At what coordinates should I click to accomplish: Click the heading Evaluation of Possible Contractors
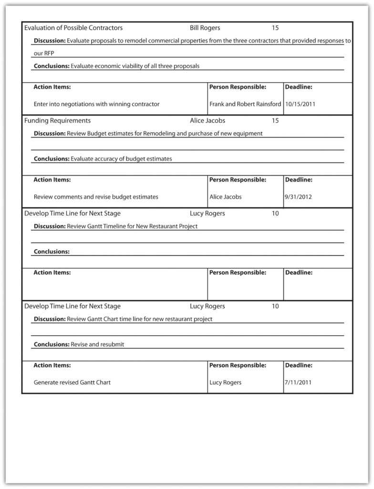[x=73, y=28]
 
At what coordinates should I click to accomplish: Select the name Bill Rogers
[x=205, y=28]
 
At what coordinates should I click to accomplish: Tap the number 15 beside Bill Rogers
[x=275, y=28]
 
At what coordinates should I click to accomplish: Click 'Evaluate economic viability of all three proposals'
[x=135, y=66]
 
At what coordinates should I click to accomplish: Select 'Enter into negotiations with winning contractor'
[x=96, y=104]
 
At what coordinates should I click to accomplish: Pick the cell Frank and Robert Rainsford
[x=245, y=104]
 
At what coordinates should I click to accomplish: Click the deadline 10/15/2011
[x=300, y=104]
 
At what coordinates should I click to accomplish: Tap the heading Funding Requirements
[x=57, y=120]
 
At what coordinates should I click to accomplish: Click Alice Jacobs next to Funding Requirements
[x=208, y=120]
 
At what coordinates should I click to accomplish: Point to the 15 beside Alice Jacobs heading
[x=275, y=120]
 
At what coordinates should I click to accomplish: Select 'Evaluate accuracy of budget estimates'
[x=121, y=159]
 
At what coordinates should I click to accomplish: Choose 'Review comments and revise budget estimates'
[x=96, y=196]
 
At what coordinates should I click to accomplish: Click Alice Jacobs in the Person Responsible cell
[x=226, y=196]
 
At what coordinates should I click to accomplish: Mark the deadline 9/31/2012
[x=298, y=196]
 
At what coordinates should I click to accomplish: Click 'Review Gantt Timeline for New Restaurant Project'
[x=132, y=226]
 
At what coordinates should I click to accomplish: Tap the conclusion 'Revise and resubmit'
[x=97, y=344]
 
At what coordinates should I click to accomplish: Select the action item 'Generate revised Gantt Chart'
[x=72, y=382]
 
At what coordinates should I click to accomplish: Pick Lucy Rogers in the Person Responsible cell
[x=226, y=382]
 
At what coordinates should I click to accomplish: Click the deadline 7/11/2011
[x=298, y=382]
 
